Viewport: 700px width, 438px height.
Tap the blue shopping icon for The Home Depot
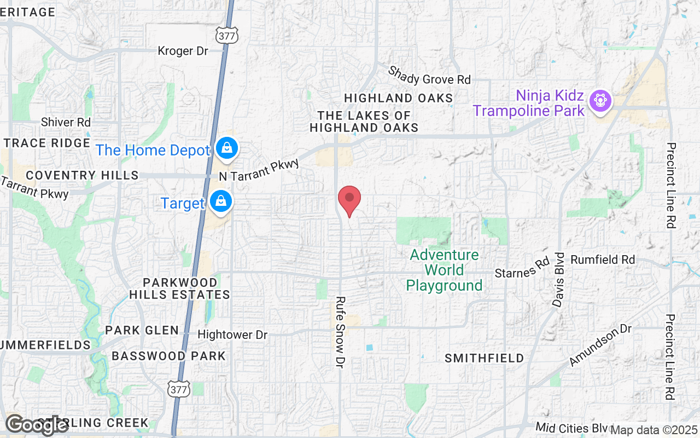[x=226, y=148]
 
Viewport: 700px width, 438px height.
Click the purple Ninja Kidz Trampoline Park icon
[x=600, y=100]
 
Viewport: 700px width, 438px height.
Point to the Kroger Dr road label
[x=183, y=51]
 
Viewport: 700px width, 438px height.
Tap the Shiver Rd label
[x=66, y=122]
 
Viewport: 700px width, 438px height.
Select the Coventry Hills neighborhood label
[x=82, y=175]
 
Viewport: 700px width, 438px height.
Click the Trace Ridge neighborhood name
[x=46, y=143]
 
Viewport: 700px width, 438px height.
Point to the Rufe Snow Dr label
[x=341, y=331]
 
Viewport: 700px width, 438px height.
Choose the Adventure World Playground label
[x=444, y=270]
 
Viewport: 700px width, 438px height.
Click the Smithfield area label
[x=484, y=358]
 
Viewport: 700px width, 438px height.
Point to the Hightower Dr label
[x=232, y=335]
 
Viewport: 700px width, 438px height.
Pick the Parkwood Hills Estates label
[x=180, y=289]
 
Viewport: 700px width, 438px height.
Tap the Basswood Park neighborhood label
[x=168, y=356]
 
